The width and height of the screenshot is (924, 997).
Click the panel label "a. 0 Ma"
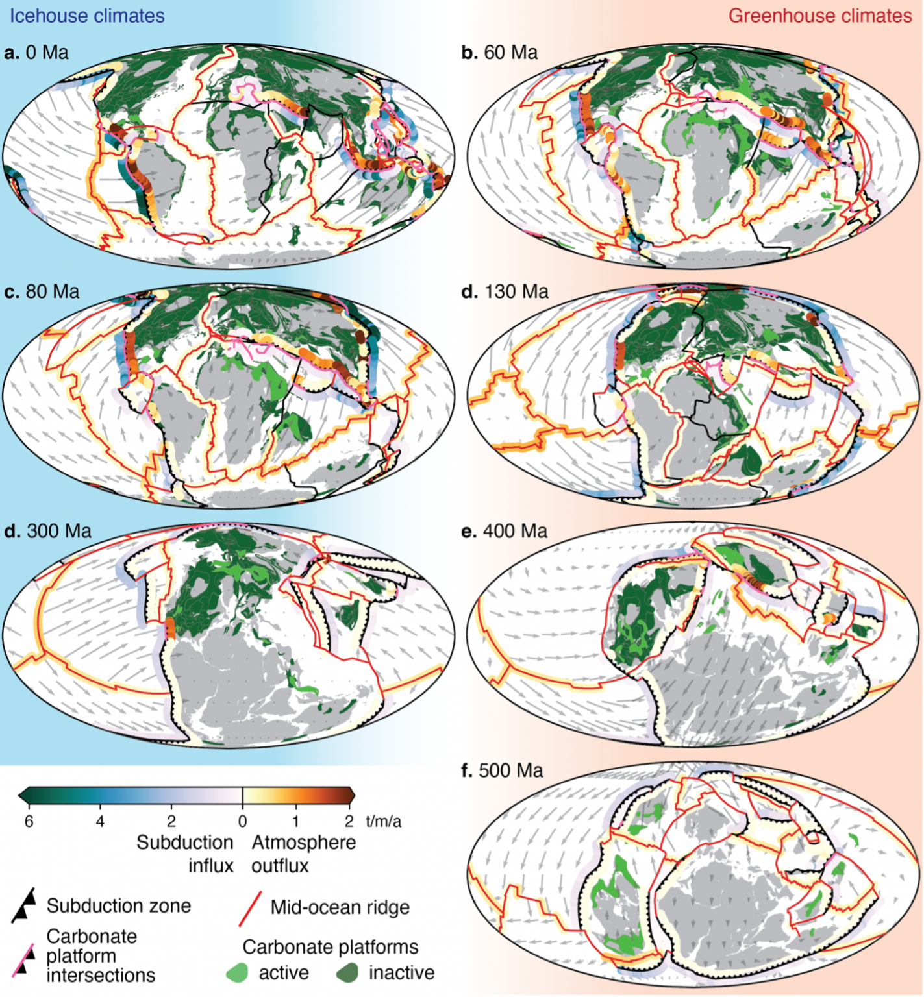pos(36,53)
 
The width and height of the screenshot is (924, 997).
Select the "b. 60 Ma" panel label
pos(499,53)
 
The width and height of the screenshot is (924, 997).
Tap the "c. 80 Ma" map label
pos(42,292)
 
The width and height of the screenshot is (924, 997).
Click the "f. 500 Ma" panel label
pos(501,771)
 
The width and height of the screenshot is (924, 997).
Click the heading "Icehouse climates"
pos(86,16)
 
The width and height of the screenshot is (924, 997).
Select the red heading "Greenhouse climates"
pos(819,16)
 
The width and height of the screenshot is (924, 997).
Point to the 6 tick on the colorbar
pos(29,822)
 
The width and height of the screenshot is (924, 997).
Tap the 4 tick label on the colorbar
pos(100,822)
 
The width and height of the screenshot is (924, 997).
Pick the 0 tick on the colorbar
pos(242,822)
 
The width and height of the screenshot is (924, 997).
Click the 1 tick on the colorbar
pos(295,822)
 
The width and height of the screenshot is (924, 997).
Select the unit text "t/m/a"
pos(383,822)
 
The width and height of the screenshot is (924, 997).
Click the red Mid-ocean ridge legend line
pos(250,907)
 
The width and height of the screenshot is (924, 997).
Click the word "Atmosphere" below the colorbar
pos(303,843)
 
